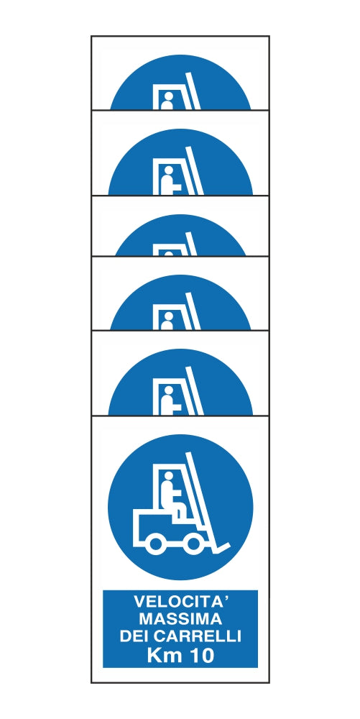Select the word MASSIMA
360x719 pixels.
180,618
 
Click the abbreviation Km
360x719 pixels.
163,654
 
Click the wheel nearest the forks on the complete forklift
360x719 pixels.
193,544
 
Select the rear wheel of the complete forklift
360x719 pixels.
154,544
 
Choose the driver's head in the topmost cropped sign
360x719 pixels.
167,97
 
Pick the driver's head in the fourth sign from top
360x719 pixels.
167,317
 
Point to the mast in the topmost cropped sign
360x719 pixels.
191,90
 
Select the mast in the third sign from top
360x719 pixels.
191,244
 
